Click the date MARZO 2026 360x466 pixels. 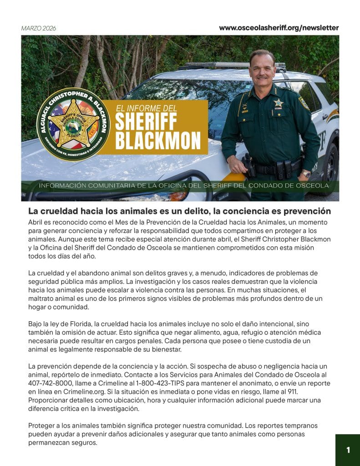tap(38, 28)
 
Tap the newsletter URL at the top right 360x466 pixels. tap(279, 28)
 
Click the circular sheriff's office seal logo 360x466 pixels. tap(73, 124)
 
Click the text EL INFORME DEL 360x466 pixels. tap(146, 108)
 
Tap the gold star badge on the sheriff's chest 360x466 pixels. tap(278, 103)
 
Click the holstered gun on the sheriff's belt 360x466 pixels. tap(249, 166)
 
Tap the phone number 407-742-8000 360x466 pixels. tap(47, 383)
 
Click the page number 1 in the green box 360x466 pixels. tap(348, 450)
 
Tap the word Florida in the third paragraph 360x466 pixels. tap(76, 324)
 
